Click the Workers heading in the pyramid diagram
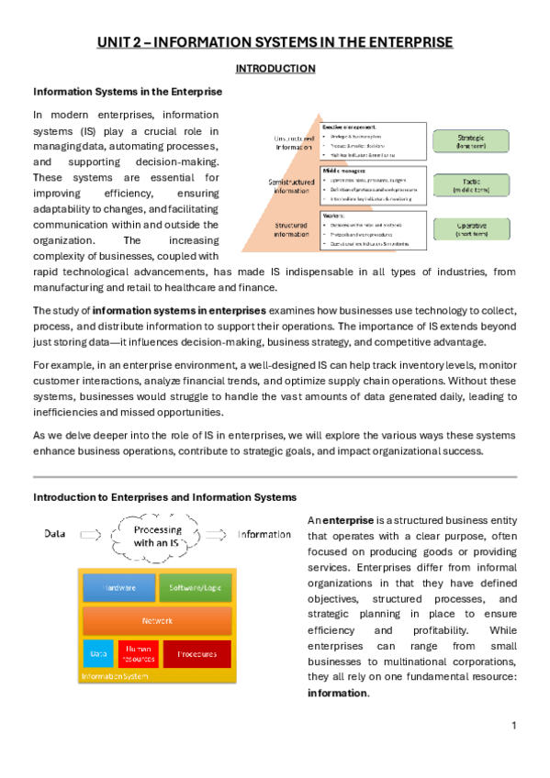click(333, 214)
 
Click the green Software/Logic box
click(194, 588)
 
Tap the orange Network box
click(156, 621)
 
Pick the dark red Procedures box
click(196, 652)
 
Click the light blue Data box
click(98, 652)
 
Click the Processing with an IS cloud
click(158, 536)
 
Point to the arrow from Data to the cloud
click(95, 534)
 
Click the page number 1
click(515, 725)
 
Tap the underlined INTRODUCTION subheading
click(275, 68)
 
